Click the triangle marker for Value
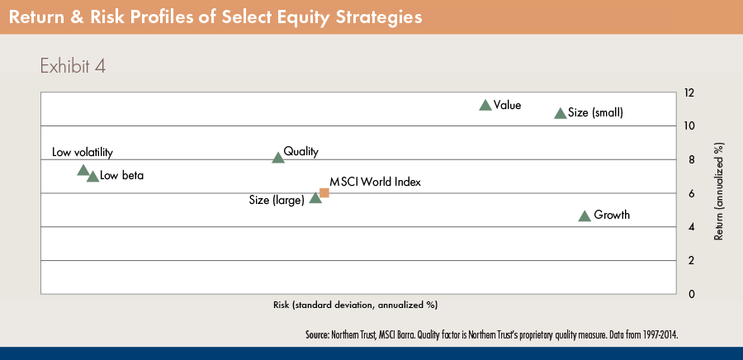pos(485,105)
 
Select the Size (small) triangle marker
pos(561,113)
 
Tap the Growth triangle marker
pos(584,216)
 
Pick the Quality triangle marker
pos(278,157)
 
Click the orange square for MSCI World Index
pos(324,192)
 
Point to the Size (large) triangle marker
pos(315,197)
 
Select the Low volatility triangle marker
pos(83,170)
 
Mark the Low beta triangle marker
pos(92,176)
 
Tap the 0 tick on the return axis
pos(692,294)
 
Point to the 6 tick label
pos(692,193)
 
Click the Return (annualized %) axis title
pos(719,191)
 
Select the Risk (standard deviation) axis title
pos(355,305)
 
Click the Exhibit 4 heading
pos(73,66)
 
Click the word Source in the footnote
pos(317,335)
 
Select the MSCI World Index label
pos(375,182)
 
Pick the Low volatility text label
pos(83,153)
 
